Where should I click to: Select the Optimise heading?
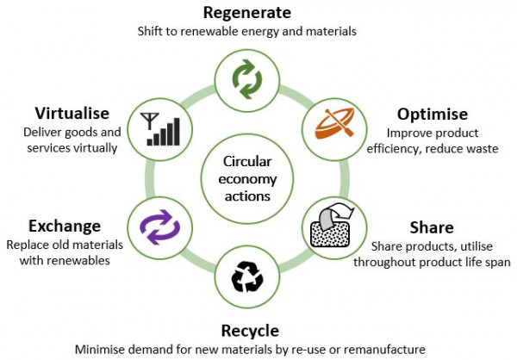[x=432, y=115]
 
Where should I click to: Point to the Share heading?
[x=432, y=227]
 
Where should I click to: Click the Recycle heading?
[x=249, y=331]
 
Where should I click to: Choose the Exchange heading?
[x=64, y=227]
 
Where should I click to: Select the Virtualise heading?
[x=71, y=114]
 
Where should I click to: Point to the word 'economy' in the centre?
[x=247, y=178]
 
